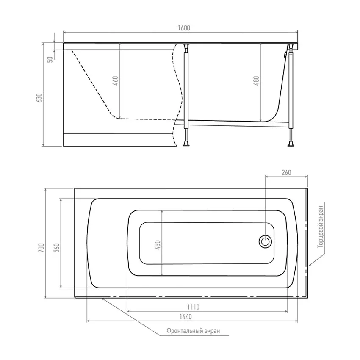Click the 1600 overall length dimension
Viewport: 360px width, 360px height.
[x=184, y=28]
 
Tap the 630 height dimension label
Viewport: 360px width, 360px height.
[x=39, y=98]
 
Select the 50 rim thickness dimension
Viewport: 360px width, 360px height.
[x=50, y=59]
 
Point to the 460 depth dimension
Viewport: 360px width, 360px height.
[x=116, y=81]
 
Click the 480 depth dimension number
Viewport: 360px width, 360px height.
[x=256, y=81]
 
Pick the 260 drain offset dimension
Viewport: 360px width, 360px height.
[x=286, y=172]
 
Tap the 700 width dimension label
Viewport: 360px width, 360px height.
[x=41, y=248]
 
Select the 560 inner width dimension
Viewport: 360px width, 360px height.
[x=56, y=248]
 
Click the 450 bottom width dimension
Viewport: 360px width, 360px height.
[x=158, y=245]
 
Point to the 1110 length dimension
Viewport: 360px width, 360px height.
[x=193, y=307]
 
